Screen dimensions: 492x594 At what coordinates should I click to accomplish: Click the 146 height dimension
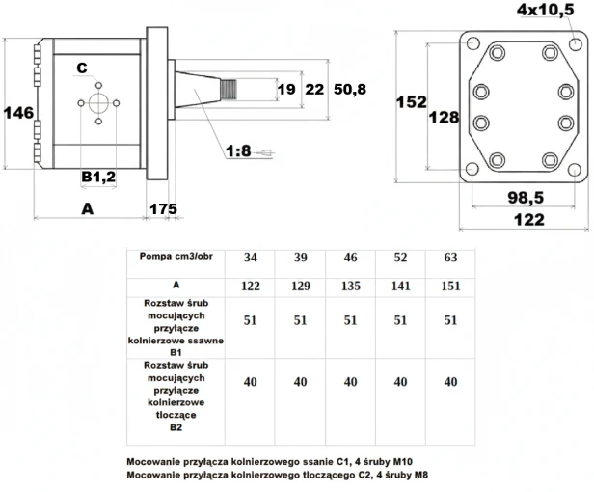point(17,113)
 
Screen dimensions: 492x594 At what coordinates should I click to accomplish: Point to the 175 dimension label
point(162,208)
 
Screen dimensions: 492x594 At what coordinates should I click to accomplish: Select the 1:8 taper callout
point(238,151)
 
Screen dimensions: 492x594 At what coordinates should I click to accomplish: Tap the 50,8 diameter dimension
point(351,90)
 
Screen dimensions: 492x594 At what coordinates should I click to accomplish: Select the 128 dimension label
point(444,117)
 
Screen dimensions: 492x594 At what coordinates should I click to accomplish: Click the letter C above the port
point(82,68)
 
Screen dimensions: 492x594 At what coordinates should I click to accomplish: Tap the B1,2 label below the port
point(97,177)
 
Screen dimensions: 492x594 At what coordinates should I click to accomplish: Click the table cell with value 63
point(449,259)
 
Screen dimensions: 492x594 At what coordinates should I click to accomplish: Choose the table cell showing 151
point(449,287)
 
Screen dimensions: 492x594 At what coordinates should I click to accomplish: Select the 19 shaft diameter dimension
point(285,90)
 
